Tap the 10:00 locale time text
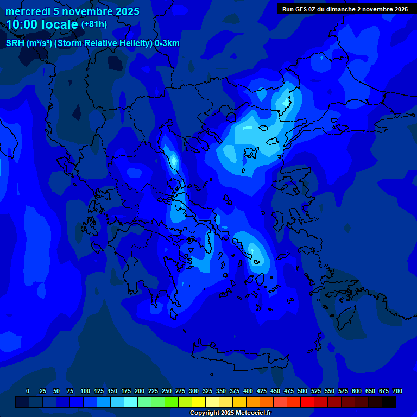coord(42,24)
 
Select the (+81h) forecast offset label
coord(94,24)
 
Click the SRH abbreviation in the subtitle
coord(15,43)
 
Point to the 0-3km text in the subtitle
coord(167,43)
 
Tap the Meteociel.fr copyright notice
coord(230,413)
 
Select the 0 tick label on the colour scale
coord(28,391)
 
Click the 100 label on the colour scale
coord(85,391)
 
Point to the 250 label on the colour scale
coord(167,391)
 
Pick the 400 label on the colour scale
coord(248,391)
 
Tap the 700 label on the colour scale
coord(397,391)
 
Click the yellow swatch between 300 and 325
coord(199,402)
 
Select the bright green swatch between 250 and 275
coord(172,402)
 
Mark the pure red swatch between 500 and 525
coord(307,402)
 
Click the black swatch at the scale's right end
coord(389,402)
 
